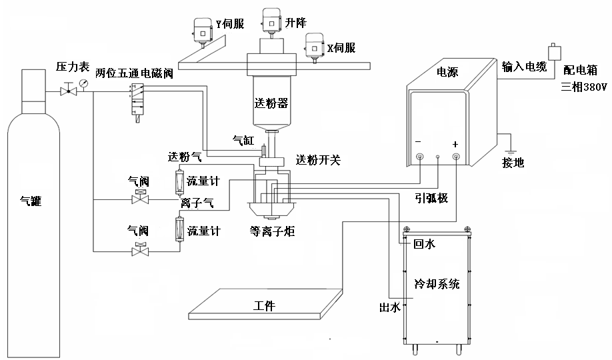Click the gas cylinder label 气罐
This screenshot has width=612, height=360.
(31, 200)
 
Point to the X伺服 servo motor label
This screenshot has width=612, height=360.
(340, 48)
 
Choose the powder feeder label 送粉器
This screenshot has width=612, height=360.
(271, 103)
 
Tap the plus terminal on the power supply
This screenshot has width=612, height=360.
(456, 157)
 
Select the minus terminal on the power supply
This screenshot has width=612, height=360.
(420, 157)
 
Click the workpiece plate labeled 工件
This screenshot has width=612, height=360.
(265, 306)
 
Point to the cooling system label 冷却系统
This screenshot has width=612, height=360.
(437, 283)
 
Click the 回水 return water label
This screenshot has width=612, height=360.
(424, 245)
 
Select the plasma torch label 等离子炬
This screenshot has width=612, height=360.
(272, 231)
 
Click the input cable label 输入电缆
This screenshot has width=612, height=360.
(525, 66)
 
